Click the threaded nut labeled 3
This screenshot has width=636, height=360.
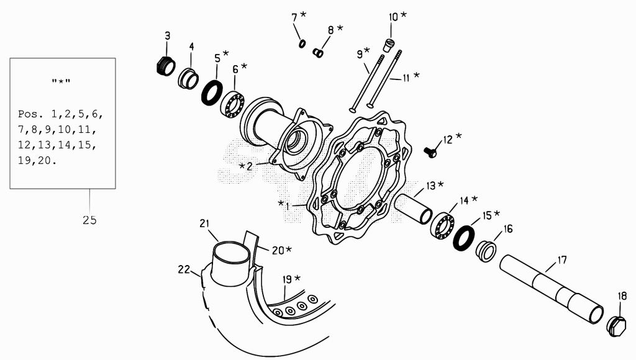(x=165, y=66)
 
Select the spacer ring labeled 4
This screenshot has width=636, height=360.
(x=188, y=79)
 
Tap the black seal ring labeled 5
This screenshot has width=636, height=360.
(x=212, y=93)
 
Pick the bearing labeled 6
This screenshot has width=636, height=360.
(x=232, y=105)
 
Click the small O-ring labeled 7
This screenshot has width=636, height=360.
(x=302, y=44)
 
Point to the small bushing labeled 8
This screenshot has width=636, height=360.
(x=317, y=53)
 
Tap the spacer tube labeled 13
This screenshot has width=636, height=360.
(x=414, y=209)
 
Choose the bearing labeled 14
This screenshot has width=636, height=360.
(x=442, y=225)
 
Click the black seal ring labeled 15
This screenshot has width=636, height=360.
(x=463, y=238)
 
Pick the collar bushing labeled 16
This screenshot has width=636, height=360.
(x=486, y=251)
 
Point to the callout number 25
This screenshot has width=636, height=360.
(x=89, y=220)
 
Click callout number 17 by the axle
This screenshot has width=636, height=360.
(x=561, y=260)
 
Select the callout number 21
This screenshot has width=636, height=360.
(x=204, y=223)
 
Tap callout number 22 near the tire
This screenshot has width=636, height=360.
(x=184, y=269)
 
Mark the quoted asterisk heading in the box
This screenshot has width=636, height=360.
(x=61, y=82)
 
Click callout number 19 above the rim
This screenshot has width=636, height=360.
(x=287, y=279)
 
